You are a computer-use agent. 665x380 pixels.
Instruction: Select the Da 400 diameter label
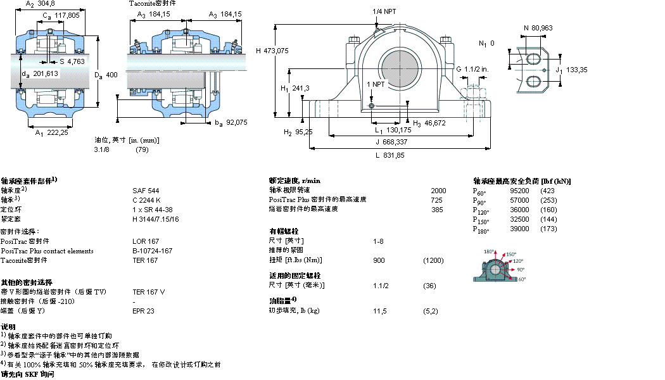pos(106,75)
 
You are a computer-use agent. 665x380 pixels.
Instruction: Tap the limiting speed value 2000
pos(438,191)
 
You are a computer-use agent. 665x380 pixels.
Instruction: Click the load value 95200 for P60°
pos(519,191)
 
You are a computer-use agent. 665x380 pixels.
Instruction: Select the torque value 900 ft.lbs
pos(379,260)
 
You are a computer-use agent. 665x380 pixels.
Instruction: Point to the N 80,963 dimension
pos(538,27)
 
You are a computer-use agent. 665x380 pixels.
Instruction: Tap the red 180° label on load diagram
pos(488,251)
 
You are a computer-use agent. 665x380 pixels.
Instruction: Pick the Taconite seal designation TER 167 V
pos(148,292)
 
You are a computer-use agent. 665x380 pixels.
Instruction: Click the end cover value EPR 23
pos(143,311)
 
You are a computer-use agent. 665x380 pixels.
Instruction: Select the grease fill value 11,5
pos(380,311)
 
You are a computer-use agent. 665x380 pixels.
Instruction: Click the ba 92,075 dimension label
pos(231,122)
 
